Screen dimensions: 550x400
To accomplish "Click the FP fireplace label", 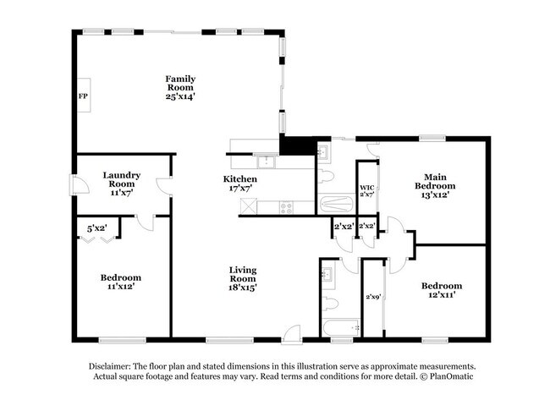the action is click(83, 96).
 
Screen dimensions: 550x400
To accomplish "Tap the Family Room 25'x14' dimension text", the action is click(180, 96).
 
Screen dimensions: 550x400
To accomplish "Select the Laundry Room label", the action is click(121, 179).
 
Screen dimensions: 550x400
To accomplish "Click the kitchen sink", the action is click(267, 162).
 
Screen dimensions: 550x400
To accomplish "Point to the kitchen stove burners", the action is click(286, 207).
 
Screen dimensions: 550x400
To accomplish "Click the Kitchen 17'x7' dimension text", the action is click(240, 189).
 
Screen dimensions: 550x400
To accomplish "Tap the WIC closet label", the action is click(367, 188).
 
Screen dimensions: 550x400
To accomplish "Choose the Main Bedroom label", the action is click(435, 181).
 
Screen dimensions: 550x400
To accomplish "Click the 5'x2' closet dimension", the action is click(97, 228).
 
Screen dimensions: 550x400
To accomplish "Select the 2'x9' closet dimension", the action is click(373, 297).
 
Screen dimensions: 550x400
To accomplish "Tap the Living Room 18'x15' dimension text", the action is click(243, 288).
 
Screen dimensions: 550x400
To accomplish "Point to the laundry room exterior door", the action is click(80, 184).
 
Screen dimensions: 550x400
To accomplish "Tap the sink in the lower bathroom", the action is click(327, 273).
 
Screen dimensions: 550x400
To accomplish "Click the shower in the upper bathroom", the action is click(336, 204).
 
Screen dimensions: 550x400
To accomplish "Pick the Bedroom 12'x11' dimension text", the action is click(442, 295).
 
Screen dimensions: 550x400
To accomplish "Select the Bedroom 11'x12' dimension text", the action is click(121, 287).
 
